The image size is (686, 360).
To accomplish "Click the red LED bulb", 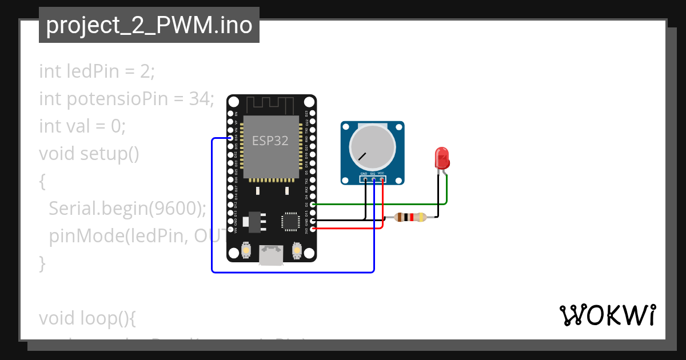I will pos(441,157).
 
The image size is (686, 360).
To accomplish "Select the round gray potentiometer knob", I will pos(372,147).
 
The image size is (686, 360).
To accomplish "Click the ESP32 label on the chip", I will pos(270,141).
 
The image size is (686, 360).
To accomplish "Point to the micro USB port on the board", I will pos(271,255).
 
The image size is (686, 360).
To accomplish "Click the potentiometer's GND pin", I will pos(365,179).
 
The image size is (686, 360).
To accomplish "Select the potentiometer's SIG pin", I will pos(374,179).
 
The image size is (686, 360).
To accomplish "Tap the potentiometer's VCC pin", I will pos(382,179).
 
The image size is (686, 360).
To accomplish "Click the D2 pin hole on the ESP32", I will pos(312,204).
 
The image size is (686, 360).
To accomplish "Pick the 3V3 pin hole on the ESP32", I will pos(312,229).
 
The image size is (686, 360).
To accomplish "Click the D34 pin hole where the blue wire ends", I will pos(230,138).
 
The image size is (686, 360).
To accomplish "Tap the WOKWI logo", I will pos(607,315).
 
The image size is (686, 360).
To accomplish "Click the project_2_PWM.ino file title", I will pos(149,26).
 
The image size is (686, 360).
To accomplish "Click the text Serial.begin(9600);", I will pos(127,209).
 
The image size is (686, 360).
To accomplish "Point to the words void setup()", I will pos(89,154).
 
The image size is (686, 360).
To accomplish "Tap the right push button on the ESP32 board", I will pos(297,250).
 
